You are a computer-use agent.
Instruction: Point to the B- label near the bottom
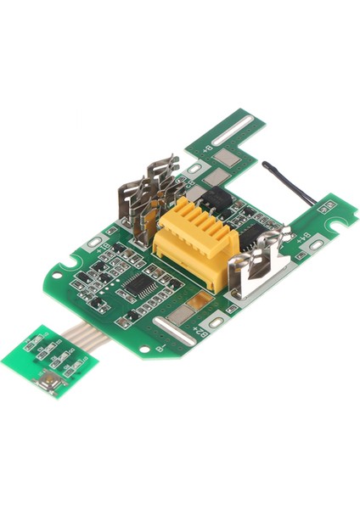tap(159, 344)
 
